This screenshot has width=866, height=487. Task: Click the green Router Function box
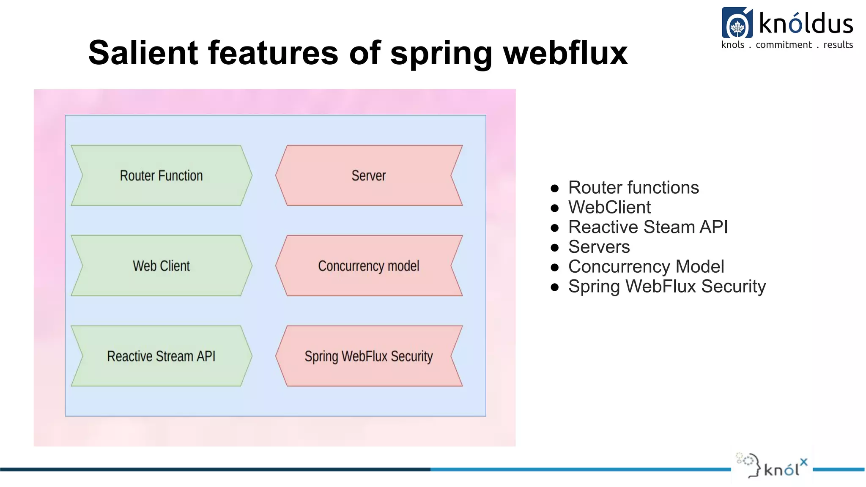161,175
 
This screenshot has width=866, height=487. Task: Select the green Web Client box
161,266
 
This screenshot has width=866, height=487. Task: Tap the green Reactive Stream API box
161,356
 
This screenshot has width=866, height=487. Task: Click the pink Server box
369,175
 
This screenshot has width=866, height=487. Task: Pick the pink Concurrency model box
369,266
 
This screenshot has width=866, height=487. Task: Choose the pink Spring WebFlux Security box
369,356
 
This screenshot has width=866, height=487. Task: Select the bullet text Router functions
633,187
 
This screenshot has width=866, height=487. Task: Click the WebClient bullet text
609,207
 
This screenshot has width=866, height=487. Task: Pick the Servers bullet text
599,247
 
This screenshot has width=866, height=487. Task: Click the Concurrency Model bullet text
646,267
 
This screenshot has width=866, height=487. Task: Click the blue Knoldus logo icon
737,23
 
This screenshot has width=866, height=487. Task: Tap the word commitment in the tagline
784,45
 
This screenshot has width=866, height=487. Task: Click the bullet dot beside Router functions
555,189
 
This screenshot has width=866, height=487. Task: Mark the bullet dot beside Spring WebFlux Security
555,287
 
